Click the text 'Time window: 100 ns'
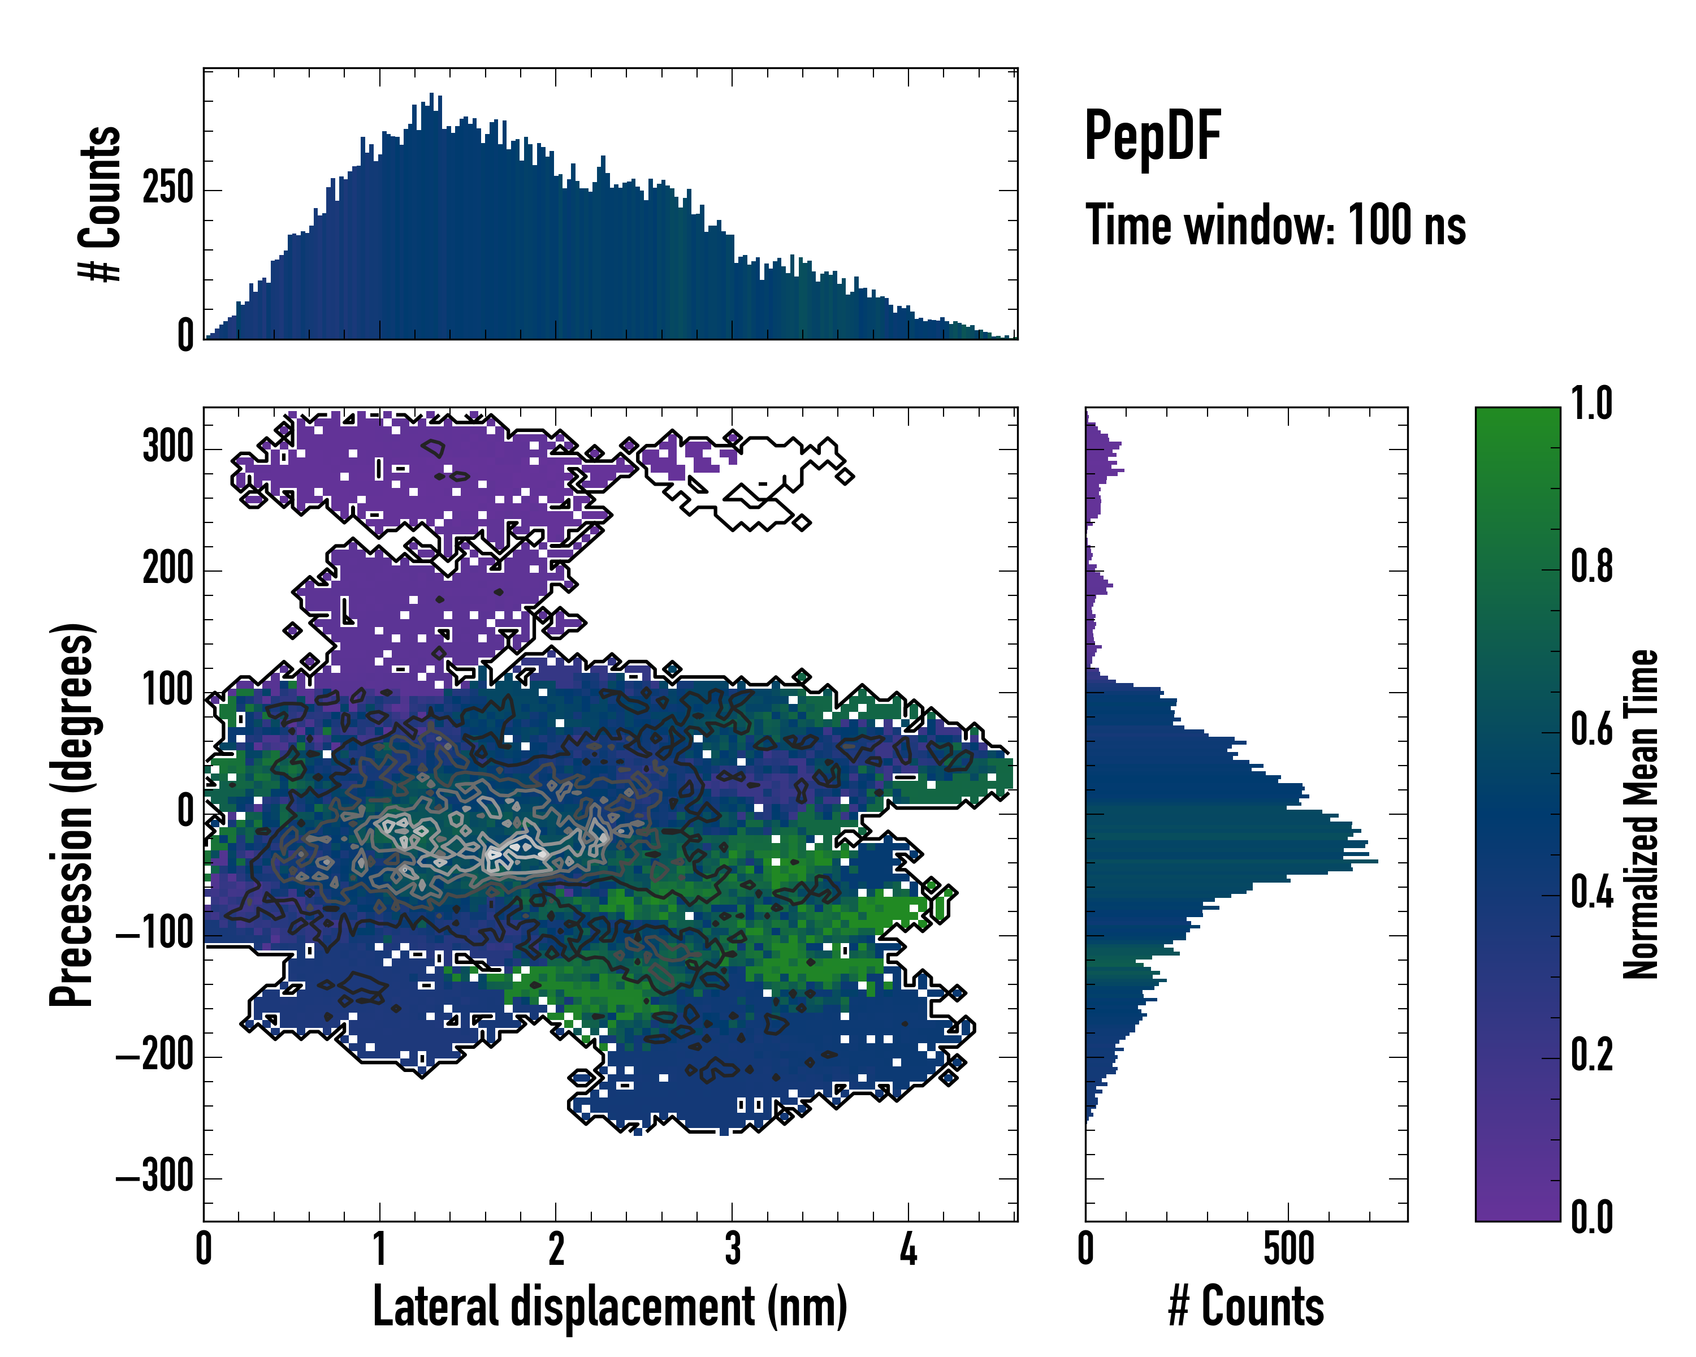tap(1275, 225)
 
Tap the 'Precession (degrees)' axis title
tap(72, 814)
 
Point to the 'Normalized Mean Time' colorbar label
tap(1641, 814)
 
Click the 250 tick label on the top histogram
tap(167, 189)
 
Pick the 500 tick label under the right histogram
tap(1288, 1249)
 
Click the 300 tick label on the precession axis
tap(167, 448)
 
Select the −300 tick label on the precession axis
tap(155, 1178)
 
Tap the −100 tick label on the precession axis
tap(155, 935)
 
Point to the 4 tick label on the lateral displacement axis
tap(908, 1249)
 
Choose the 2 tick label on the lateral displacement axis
tap(556, 1249)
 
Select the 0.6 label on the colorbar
tap(1591, 729)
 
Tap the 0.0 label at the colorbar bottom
tap(1591, 1217)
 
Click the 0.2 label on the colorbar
tap(1591, 1055)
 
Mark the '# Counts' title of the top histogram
tap(100, 204)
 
